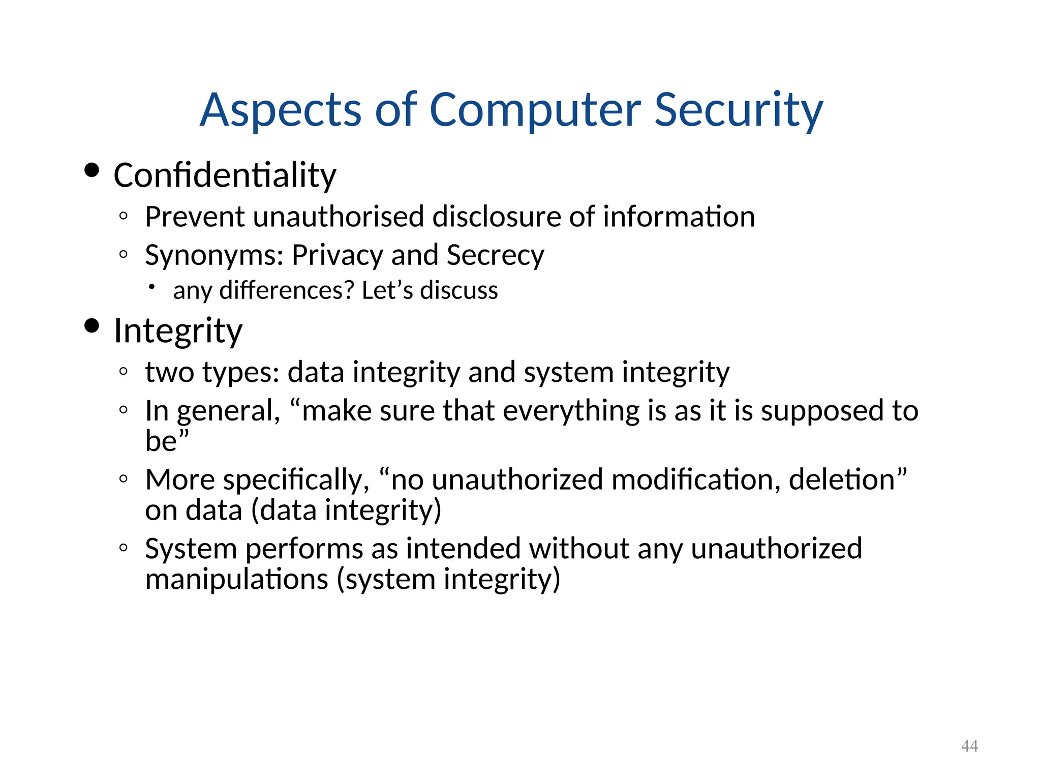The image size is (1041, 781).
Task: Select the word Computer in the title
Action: (x=535, y=110)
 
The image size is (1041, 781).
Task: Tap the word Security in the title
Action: (x=738, y=110)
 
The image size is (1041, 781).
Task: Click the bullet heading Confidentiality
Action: (x=225, y=176)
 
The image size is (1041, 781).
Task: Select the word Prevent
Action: (x=195, y=217)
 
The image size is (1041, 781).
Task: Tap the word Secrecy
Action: (x=495, y=255)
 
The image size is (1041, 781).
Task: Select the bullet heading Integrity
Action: (x=178, y=332)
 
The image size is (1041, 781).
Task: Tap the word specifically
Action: (x=296, y=480)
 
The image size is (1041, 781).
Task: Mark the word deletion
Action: (x=842, y=480)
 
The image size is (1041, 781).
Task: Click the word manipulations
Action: (x=237, y=580)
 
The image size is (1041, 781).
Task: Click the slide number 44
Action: (x=969, y=746)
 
